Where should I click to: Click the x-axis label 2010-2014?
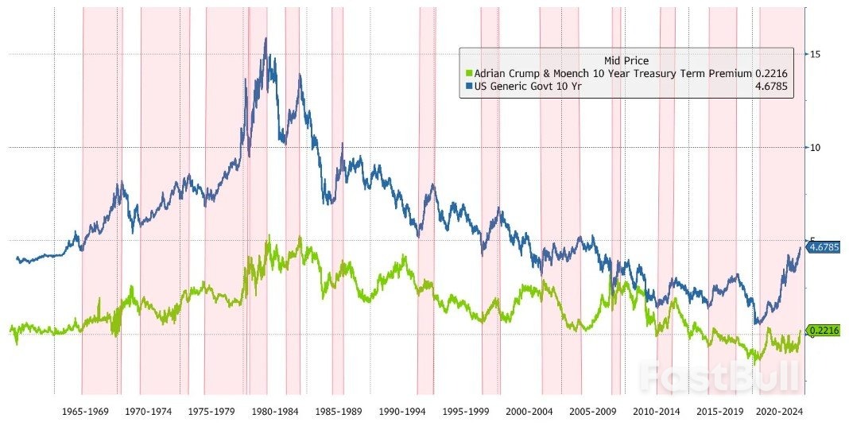[657, 412]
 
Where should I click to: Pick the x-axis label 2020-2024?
[780, 412]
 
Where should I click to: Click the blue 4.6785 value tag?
[824, 248]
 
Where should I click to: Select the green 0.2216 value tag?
[824, 331]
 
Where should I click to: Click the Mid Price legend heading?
[626, 60]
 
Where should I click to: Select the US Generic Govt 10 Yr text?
[527, 87]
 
